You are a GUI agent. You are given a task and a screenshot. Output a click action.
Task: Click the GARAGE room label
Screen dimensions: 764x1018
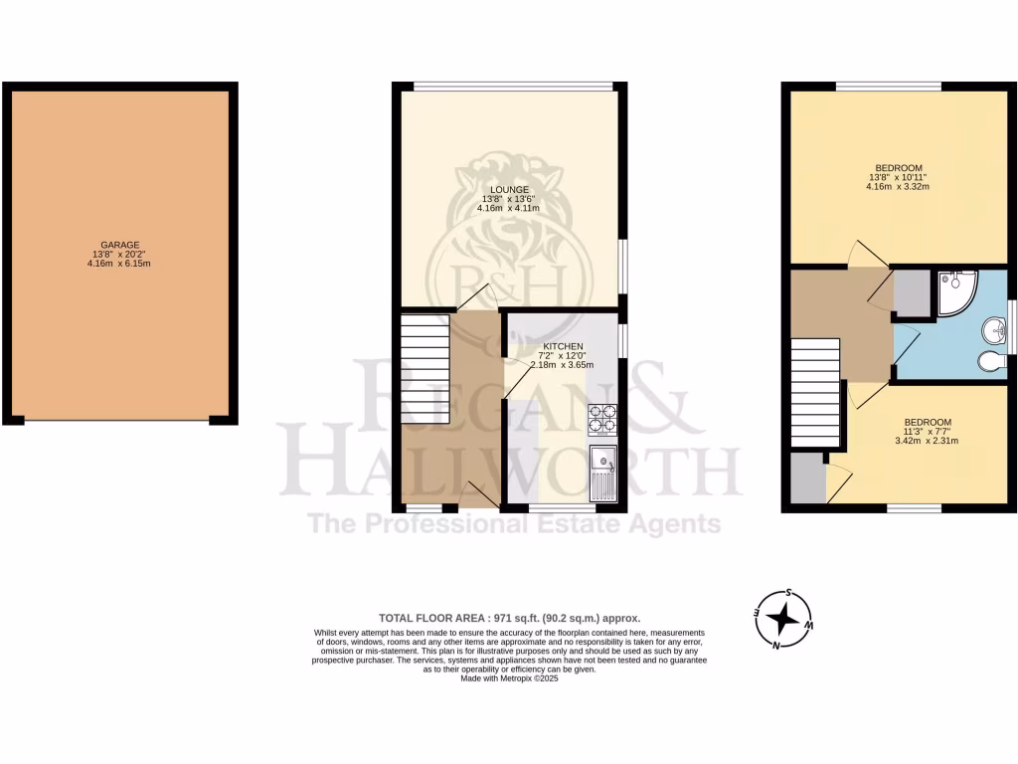118,245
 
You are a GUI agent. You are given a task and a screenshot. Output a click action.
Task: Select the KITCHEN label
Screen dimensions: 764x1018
562,346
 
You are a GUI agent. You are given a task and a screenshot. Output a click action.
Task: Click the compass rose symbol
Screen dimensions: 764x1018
784,620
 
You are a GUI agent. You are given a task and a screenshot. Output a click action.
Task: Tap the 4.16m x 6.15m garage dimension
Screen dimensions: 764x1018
118,264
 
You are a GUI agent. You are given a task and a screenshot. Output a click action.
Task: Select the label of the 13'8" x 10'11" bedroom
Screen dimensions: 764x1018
899,167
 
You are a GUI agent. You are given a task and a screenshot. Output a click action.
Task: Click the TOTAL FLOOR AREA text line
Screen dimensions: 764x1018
508,617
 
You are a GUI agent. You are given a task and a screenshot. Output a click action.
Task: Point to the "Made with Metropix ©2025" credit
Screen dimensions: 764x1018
508,678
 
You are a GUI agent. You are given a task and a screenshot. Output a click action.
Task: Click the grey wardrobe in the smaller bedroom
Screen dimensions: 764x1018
809,477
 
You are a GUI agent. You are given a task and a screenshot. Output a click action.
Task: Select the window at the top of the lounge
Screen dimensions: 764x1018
514,86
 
